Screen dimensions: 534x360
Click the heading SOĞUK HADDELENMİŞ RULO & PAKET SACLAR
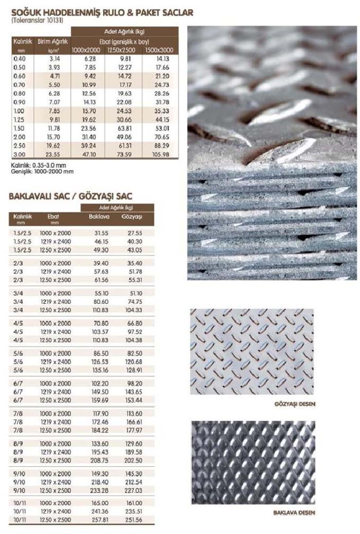click(101, 12)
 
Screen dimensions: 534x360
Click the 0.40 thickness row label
click(20, 59)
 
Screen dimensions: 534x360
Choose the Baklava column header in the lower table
click(99, 216)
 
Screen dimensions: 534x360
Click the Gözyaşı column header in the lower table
click(132, 216)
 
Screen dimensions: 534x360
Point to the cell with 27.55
click(132, 233)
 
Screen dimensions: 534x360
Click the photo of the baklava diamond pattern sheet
click(253, 462)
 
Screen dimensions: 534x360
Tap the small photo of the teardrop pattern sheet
click(251, 351)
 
